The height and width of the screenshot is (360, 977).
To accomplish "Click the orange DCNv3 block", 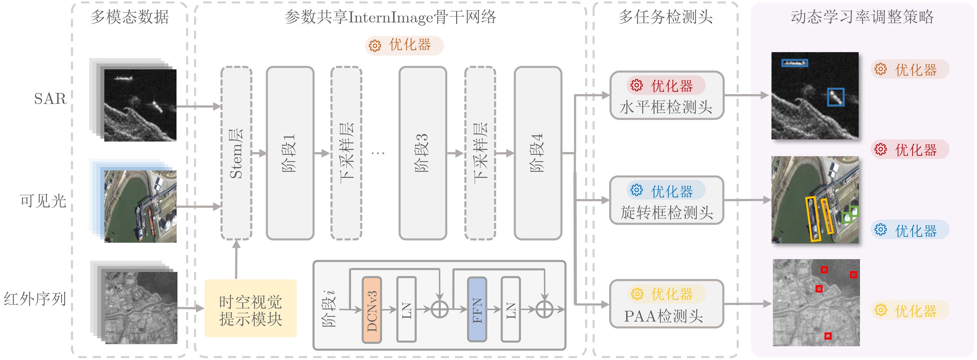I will coord(372,310).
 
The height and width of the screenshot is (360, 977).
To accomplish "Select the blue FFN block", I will coord(477,310).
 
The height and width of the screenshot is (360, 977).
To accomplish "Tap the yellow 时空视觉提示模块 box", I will coord(250,308).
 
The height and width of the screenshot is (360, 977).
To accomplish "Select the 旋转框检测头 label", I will coord(666,212).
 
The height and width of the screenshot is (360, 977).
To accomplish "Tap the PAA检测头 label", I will coord(663,316).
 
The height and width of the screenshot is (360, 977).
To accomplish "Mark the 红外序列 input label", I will coord(35,299).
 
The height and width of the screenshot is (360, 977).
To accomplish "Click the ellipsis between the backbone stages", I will coord(378,153).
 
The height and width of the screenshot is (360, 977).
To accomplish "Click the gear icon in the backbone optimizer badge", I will coord(375,46).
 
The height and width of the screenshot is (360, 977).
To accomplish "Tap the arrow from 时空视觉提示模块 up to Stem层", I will coord(236,260).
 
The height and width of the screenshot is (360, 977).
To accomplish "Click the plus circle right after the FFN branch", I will coord(545,310).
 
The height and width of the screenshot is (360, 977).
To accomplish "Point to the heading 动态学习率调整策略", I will coord(862,17).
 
